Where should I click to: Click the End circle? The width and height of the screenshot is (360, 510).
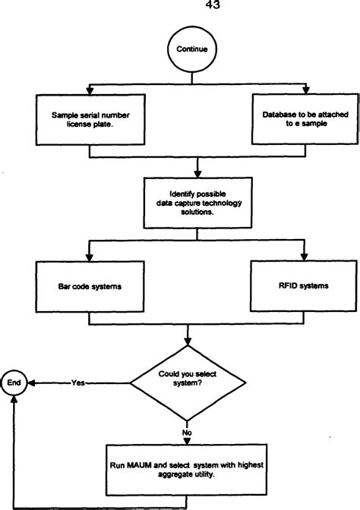pos(14,384)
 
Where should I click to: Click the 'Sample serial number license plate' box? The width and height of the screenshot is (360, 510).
pos(90,118)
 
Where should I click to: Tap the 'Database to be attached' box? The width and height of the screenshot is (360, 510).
pos(305,118)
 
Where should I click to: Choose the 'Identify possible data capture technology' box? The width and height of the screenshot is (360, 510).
pos(197,200)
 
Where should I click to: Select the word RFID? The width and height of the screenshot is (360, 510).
pos(288,288)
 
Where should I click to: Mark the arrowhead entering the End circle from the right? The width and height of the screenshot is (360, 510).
pos(30,384)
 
